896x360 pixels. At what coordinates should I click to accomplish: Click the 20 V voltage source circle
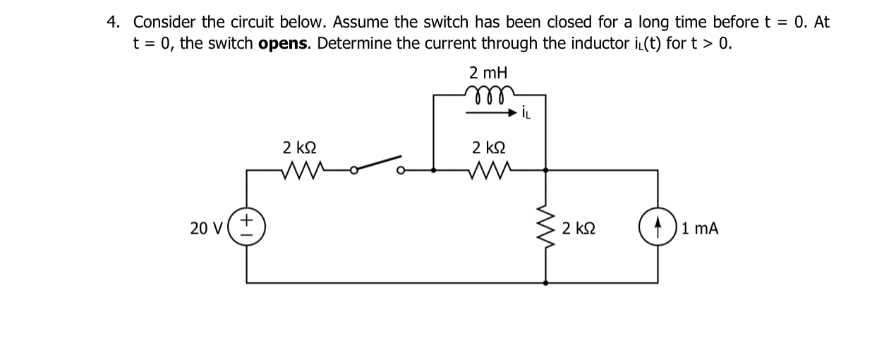pos(247,227)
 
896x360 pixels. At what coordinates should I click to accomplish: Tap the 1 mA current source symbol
pos(658,227)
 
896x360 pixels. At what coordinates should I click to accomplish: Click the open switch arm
pos(379,164)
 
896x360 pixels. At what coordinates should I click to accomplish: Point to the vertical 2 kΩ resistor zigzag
pos(546,227)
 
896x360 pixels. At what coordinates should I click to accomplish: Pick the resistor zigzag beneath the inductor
pos(489,169)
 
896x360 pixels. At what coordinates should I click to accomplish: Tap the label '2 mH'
pos(488,73)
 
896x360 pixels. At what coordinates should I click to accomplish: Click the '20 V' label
pos(206,228)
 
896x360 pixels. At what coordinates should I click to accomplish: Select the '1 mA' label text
pos(700,228)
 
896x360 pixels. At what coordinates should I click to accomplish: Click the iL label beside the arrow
pos(528,112)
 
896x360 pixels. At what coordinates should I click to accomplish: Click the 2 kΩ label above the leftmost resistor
pos(299,148)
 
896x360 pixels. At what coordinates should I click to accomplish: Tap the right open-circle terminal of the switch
pos(401,170)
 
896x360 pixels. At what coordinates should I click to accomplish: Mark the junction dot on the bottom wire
pos(546,282)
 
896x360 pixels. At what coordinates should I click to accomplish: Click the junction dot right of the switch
pos(433,170)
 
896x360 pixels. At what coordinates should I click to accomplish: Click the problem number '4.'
pos(113,22)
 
